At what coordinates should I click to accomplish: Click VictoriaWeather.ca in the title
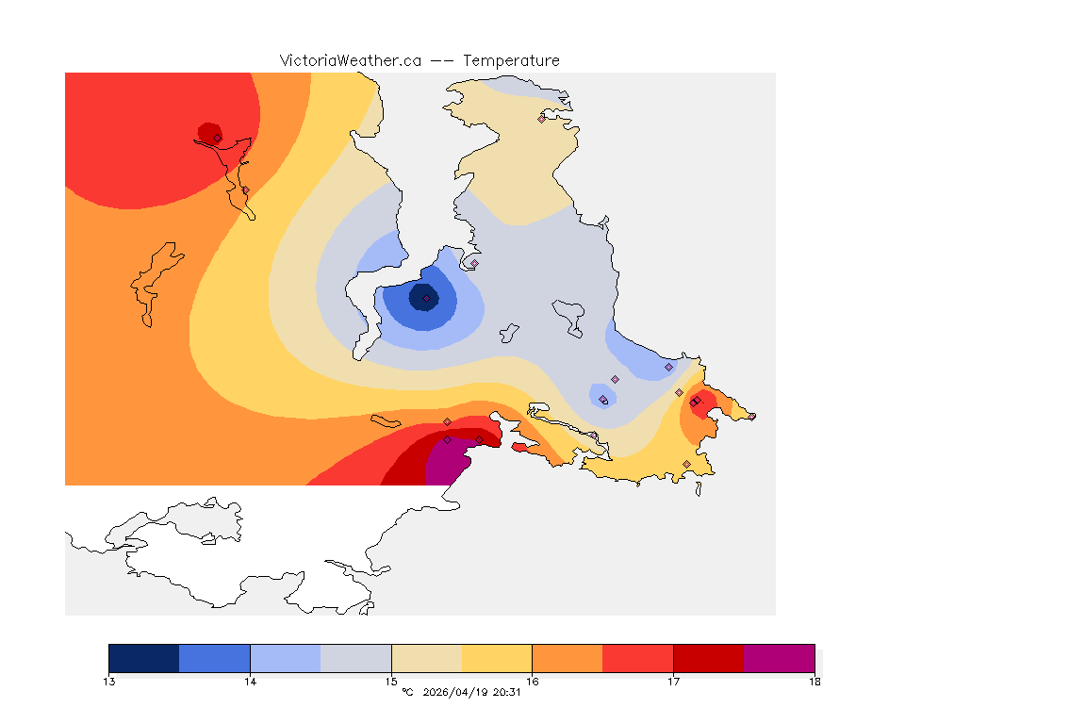(350, 60)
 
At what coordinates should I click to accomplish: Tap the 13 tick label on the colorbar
(109, 682)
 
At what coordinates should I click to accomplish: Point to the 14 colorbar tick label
(250, 682)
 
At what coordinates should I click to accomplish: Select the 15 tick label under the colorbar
(391, 682)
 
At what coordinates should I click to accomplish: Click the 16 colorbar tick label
(532, 682)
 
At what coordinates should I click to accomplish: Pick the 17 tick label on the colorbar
(673, 682)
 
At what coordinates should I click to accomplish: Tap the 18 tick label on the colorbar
(814, 682)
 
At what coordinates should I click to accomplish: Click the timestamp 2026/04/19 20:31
(469, 693)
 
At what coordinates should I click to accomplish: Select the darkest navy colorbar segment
(144, 658)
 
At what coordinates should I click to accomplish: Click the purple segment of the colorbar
(779, 658)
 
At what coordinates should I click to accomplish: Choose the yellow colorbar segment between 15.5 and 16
(497, 658)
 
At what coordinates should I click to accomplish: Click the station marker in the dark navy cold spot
(427, 298)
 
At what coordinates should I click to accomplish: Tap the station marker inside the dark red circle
(217, 138)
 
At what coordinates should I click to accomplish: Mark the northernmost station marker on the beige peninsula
(541, 119)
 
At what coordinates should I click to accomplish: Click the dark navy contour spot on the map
(421, 297)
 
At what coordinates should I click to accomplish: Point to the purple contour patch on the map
(445, 466)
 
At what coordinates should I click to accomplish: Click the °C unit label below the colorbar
(407, 693)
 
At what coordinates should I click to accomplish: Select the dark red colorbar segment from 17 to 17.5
(708, 658)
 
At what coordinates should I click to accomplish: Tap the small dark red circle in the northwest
(208, 132)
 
